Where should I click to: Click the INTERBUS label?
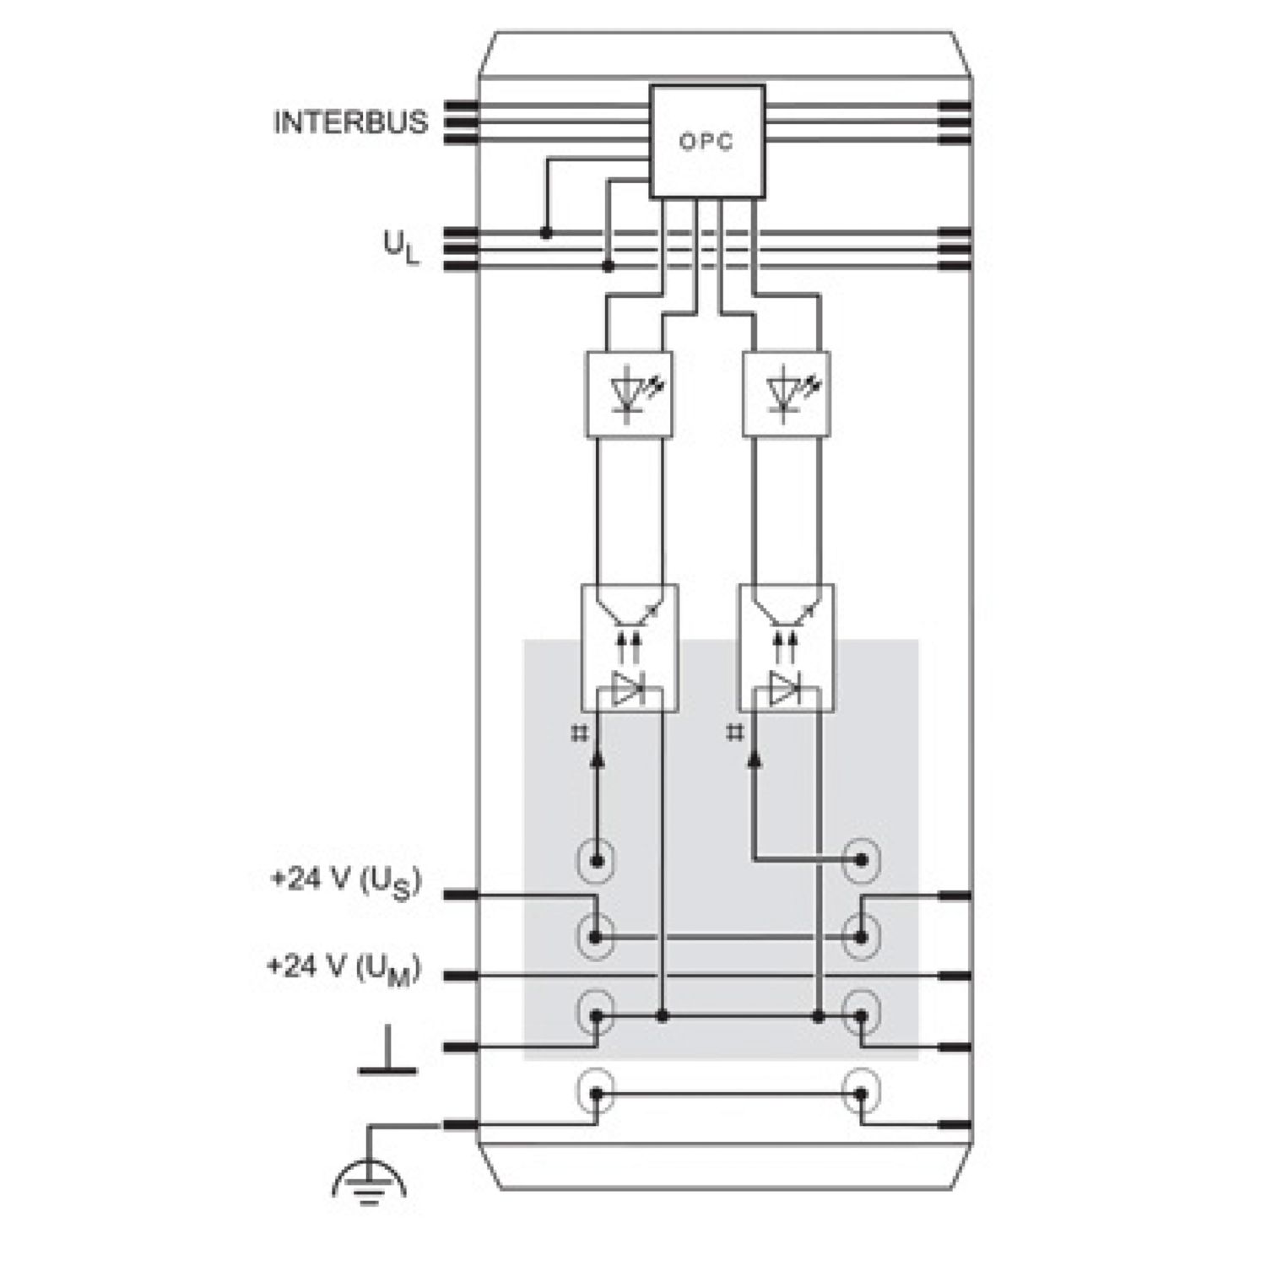tap(350, 122)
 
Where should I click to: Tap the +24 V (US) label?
tap(345, 883)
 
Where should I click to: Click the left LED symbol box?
tap(630, 394)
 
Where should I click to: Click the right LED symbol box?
tap(786, 394)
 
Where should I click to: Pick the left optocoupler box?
tap(630, 647)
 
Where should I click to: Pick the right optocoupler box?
tap(787, 647)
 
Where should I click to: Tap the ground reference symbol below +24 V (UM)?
tap(387, 1052)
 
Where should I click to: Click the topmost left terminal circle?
tap(596, 861)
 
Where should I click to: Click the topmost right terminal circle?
tap(862, 861)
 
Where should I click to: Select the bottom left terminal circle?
tap(596, 1094)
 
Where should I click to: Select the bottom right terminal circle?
tap(862, 1094)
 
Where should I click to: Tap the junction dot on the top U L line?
tap(546, 232)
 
